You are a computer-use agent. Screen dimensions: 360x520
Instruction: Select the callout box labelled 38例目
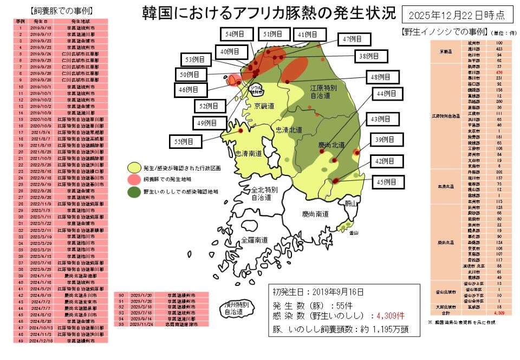[x=369, y=56]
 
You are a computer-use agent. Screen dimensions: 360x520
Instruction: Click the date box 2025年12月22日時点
[x=458, y=15]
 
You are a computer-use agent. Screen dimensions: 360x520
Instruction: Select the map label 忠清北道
[x=289, y=130]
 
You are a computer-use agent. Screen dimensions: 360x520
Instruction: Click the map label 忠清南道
[x=248, y=153]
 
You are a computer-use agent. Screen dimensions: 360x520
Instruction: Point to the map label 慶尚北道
[x=331, y=145]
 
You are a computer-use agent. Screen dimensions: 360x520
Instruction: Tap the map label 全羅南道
[x=255, y=239]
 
